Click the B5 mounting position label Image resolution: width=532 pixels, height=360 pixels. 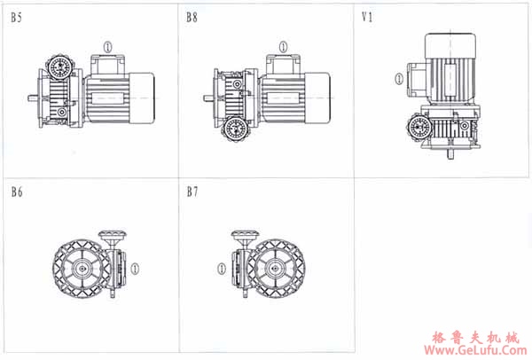[16, 18]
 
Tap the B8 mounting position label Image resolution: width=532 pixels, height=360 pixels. [192, 18]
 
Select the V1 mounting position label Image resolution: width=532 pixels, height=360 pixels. [367, 17]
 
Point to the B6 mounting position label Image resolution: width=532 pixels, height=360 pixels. [17, 192]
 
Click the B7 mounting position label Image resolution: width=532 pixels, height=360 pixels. [192, 192]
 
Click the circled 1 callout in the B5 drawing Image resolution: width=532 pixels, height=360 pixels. [108, 47]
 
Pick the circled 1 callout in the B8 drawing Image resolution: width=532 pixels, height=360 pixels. [284, 47]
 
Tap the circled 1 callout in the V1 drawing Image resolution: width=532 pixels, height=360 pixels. [399, 79]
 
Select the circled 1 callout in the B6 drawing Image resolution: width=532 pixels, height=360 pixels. [135, 269]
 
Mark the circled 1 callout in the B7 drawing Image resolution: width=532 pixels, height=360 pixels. [221, 269]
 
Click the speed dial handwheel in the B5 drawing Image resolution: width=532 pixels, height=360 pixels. [60, 67]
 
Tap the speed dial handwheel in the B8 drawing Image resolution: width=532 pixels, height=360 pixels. [236, 129]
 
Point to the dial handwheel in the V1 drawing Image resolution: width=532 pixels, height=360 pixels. [419, 127]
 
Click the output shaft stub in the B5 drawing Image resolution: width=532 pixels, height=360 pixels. [34, 98]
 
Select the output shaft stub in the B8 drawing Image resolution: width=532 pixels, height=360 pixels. [208, 98]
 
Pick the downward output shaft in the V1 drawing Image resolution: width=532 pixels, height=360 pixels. [450, 153]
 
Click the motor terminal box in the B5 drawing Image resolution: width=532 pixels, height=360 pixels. [108, 65]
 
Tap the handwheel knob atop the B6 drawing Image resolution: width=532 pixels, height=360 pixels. [113, 235]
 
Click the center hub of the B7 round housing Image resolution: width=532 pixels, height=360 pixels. [276, 269]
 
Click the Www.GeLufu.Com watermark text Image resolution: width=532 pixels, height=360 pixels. [475, 350]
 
